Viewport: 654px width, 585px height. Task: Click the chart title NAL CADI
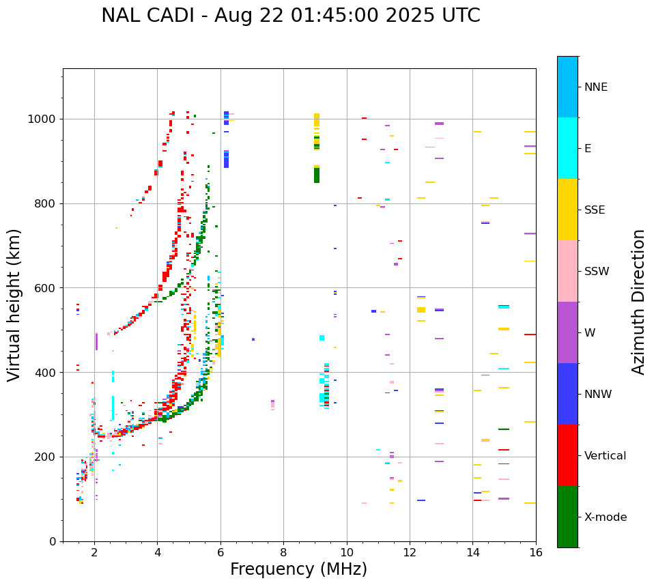click(x=290, y=16)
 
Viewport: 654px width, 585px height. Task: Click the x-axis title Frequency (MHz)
click(x=298, y=569)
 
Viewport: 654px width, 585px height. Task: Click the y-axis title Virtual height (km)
click(x=14, y=305)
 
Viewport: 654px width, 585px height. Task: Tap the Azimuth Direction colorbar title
click(x=638, y=302)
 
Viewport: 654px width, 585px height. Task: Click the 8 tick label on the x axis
click(x=283, y=552)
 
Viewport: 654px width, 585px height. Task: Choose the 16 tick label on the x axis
click(x=536, y=552)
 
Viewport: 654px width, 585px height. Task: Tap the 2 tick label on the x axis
click(x=94, y=552)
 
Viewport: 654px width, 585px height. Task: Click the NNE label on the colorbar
click(x=595, y=87)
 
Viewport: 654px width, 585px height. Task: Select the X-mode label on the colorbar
click(x=605, y=517)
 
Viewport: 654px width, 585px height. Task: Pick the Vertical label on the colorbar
click(x=605, y=456)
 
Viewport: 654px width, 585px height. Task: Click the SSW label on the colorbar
click(x=597, y=272)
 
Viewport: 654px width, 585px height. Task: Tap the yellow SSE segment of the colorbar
click(x=567, y=210)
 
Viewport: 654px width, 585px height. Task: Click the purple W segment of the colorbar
click(x=567, y=332)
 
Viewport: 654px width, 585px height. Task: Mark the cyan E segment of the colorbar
click(x=567, y=148)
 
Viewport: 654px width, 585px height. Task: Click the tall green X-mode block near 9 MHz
click(x=317, y=175)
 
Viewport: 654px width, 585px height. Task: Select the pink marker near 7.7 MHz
click(x=273, y=405)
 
